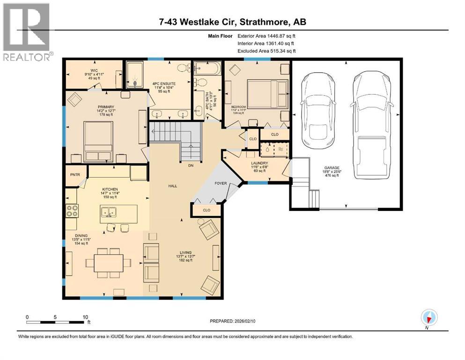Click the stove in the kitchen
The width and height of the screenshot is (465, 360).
click(x=71, y=211)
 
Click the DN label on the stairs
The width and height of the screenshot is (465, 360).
click(x=190, y=165)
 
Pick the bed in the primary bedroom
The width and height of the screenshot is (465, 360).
click(x=98, y=139)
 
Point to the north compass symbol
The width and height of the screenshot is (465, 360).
click(x=428, y=317)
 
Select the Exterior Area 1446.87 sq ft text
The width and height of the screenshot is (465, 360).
click(x=266, y=35)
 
